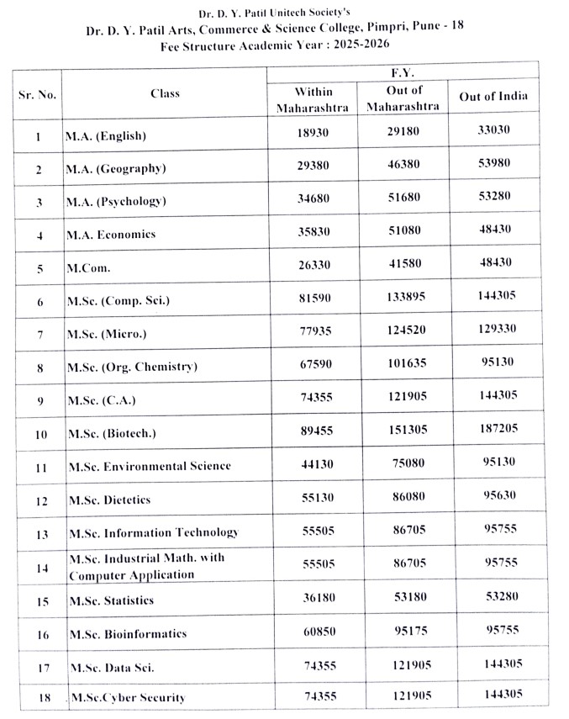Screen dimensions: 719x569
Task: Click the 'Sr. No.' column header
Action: tap(37, 94)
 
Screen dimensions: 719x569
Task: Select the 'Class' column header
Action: tap(165, 93)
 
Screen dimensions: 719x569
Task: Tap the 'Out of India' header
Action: tap(493, 96)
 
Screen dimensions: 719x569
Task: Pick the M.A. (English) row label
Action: tap(105, 135)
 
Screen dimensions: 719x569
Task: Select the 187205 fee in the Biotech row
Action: tap(493, 428)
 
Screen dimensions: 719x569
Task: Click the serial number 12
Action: tap(38, 500)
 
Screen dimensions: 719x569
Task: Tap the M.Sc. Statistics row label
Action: tap(111, 601)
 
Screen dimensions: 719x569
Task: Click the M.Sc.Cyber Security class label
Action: tap(128, 697)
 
